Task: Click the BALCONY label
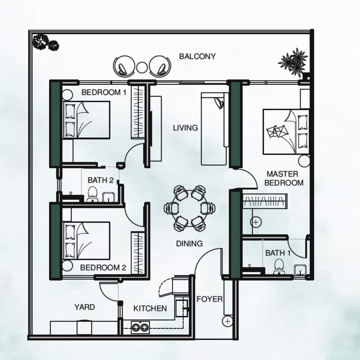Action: pyautogui.click(x=197, y=56)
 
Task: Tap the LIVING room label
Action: pyautogui.click(x=185, y=128)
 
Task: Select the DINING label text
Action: pyautogui.click(x=189, y=244)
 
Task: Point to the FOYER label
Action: pyautogui.click(x=210, y=299)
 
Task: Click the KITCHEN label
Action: pyautogui.click(x=150, y=308)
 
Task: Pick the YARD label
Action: pyautogui.click(x=84, y=307)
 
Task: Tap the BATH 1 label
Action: pyautogui.click(x=278, y=253)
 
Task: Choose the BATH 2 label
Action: pyautogui.click(x=101, y=180)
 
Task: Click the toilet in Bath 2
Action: pyautogui.click(x=93, y=194)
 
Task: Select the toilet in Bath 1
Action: pyautogui.click(x=279, y=267)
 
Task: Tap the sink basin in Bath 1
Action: pyautogui.click(x=300, y=270)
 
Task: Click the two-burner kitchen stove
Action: pyautogui.click(x=140, y=327)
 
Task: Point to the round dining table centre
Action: pyautogui.click(x=190, y=208)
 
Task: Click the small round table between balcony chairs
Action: pyautogui.click(x=142, y=67)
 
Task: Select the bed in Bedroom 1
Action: pyautogui.click(x=86, y=120)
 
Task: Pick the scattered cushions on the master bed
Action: pyautogui.click(x=277, y=132)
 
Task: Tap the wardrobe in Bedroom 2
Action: pyautogui.click(x=138, y=253)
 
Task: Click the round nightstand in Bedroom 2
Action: pyautogui.click(x=67, y=266)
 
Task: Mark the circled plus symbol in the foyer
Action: pyautogui.click(x=228, y=321)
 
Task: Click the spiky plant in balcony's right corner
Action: pyautogui.click(x=293, y=62)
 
